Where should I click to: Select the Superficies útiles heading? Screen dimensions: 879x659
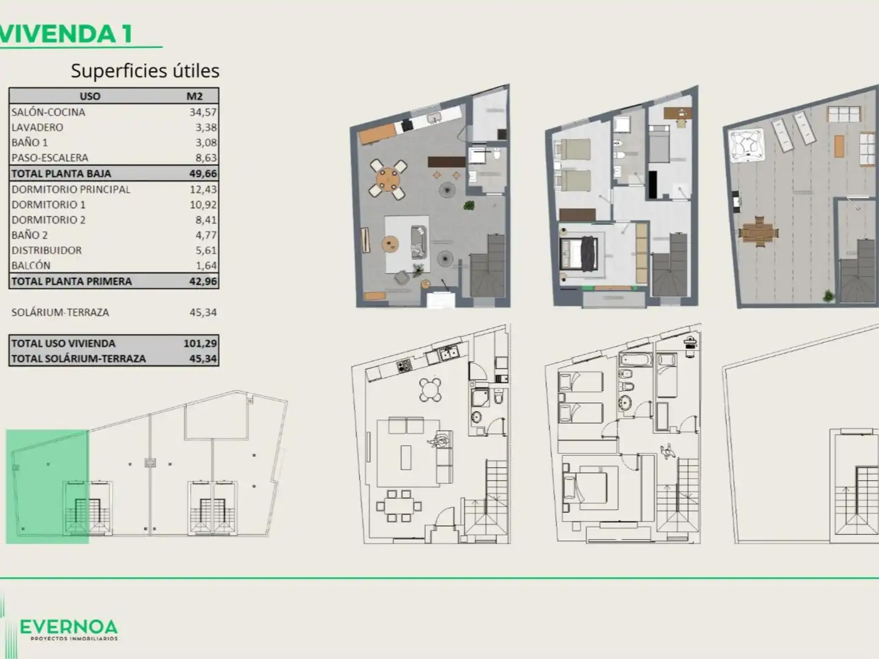145,71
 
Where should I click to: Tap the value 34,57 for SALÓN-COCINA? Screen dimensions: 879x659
203,112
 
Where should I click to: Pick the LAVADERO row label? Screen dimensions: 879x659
37,128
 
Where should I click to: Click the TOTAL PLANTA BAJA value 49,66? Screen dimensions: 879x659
203,173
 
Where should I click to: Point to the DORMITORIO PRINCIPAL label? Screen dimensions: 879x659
71,189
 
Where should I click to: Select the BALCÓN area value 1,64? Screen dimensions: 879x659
206,265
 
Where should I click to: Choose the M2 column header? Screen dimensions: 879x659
195,96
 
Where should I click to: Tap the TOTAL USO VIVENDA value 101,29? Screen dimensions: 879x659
200,344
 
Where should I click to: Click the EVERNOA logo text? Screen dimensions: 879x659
68,627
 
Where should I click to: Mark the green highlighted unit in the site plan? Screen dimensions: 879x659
47,486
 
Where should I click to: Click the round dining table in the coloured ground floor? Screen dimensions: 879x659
388,179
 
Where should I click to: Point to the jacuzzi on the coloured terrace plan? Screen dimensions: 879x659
747,145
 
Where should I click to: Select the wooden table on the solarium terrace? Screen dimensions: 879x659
760,232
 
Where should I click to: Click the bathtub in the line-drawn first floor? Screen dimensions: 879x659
636,359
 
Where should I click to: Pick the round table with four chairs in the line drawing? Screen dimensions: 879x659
430,389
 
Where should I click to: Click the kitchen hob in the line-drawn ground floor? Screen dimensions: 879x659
403,366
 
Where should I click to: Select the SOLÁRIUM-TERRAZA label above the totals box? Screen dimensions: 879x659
60,312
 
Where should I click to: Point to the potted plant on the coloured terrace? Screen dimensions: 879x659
828,296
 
